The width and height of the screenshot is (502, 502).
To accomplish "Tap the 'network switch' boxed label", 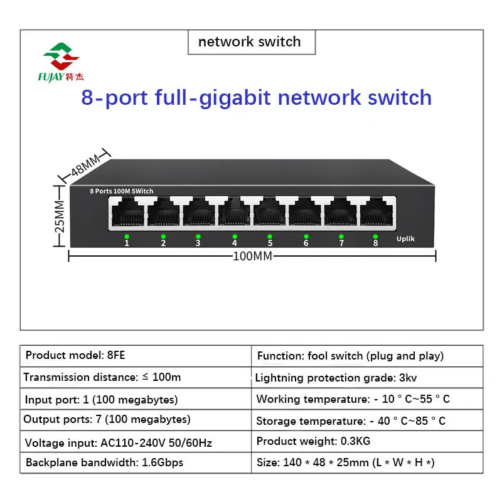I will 250,42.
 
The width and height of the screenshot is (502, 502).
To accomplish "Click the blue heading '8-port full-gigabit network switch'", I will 257,97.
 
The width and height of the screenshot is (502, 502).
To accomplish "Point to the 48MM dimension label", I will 85,164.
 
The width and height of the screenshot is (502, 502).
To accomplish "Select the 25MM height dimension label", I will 60,216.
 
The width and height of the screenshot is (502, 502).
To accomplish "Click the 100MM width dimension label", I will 252,256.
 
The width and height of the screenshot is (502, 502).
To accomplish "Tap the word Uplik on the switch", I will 405,239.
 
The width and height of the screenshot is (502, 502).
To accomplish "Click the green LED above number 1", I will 127,236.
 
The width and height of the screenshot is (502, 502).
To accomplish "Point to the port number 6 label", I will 306,243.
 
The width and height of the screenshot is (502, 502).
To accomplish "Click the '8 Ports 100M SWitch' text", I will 121,191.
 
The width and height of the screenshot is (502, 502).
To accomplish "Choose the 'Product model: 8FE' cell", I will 136,356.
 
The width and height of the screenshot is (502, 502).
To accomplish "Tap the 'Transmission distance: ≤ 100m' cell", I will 136,377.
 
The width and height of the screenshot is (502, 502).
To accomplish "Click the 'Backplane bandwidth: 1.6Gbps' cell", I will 136,463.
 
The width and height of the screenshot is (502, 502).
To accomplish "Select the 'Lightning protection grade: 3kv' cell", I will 367,378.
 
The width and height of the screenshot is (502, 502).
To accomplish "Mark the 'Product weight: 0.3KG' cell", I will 367,441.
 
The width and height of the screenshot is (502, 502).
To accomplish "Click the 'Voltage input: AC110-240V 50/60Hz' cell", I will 136,442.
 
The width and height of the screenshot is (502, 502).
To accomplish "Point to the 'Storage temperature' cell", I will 367,420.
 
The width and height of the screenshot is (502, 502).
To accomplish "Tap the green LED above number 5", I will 270,236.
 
